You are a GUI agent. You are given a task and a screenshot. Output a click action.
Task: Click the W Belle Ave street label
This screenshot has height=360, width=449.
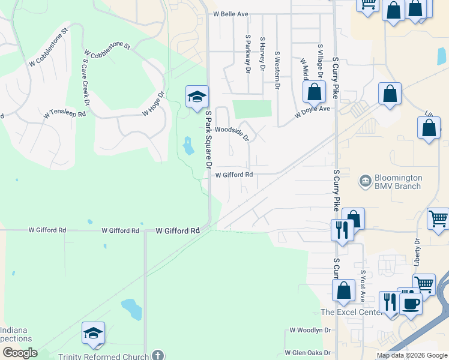pos(231,14)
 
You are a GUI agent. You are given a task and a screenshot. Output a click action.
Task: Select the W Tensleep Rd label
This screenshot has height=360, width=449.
pos(64,114)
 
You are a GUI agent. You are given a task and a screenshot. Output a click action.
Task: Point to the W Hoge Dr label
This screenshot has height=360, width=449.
pos(153,103)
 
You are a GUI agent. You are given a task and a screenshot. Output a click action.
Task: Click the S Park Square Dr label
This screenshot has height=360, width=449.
pos(209,139)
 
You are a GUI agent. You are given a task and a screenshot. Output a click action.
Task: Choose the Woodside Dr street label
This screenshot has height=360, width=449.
pos(232,133)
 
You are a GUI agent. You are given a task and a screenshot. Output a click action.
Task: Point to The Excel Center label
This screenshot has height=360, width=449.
pos(351,312)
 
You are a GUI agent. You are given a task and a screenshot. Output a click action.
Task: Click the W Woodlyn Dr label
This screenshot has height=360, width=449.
pos(310,330)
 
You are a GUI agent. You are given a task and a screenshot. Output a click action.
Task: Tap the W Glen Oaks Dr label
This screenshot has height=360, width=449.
pos(308,353)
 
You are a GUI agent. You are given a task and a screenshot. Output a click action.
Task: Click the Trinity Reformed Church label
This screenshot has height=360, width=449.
pos(103,356)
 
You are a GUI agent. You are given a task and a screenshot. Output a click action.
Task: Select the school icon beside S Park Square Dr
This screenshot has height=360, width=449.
pos(197,97)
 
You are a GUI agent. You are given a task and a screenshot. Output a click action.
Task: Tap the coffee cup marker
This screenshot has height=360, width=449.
pos(411,303)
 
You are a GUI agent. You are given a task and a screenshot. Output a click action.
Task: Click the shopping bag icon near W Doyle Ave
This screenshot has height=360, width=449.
pos(313,92)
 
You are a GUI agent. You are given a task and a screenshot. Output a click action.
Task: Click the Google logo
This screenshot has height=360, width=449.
pos(19,352)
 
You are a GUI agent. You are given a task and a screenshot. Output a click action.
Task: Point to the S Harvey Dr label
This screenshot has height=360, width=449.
pos(262,54)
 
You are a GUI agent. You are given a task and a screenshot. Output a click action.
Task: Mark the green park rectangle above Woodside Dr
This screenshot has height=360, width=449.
pos(252,109)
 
